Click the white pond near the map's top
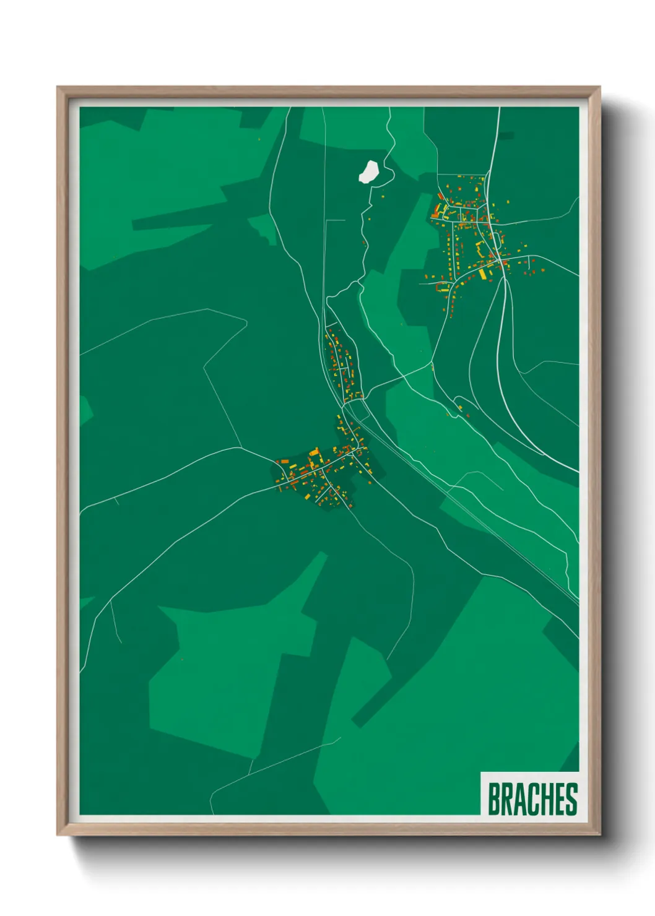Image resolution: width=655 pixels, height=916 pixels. tap(369, 171)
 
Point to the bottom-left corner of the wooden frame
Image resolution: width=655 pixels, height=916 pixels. tap(58, 834)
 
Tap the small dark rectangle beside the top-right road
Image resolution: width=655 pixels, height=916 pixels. tap(506, 136)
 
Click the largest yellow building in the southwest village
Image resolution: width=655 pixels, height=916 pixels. tap(313, 459)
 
